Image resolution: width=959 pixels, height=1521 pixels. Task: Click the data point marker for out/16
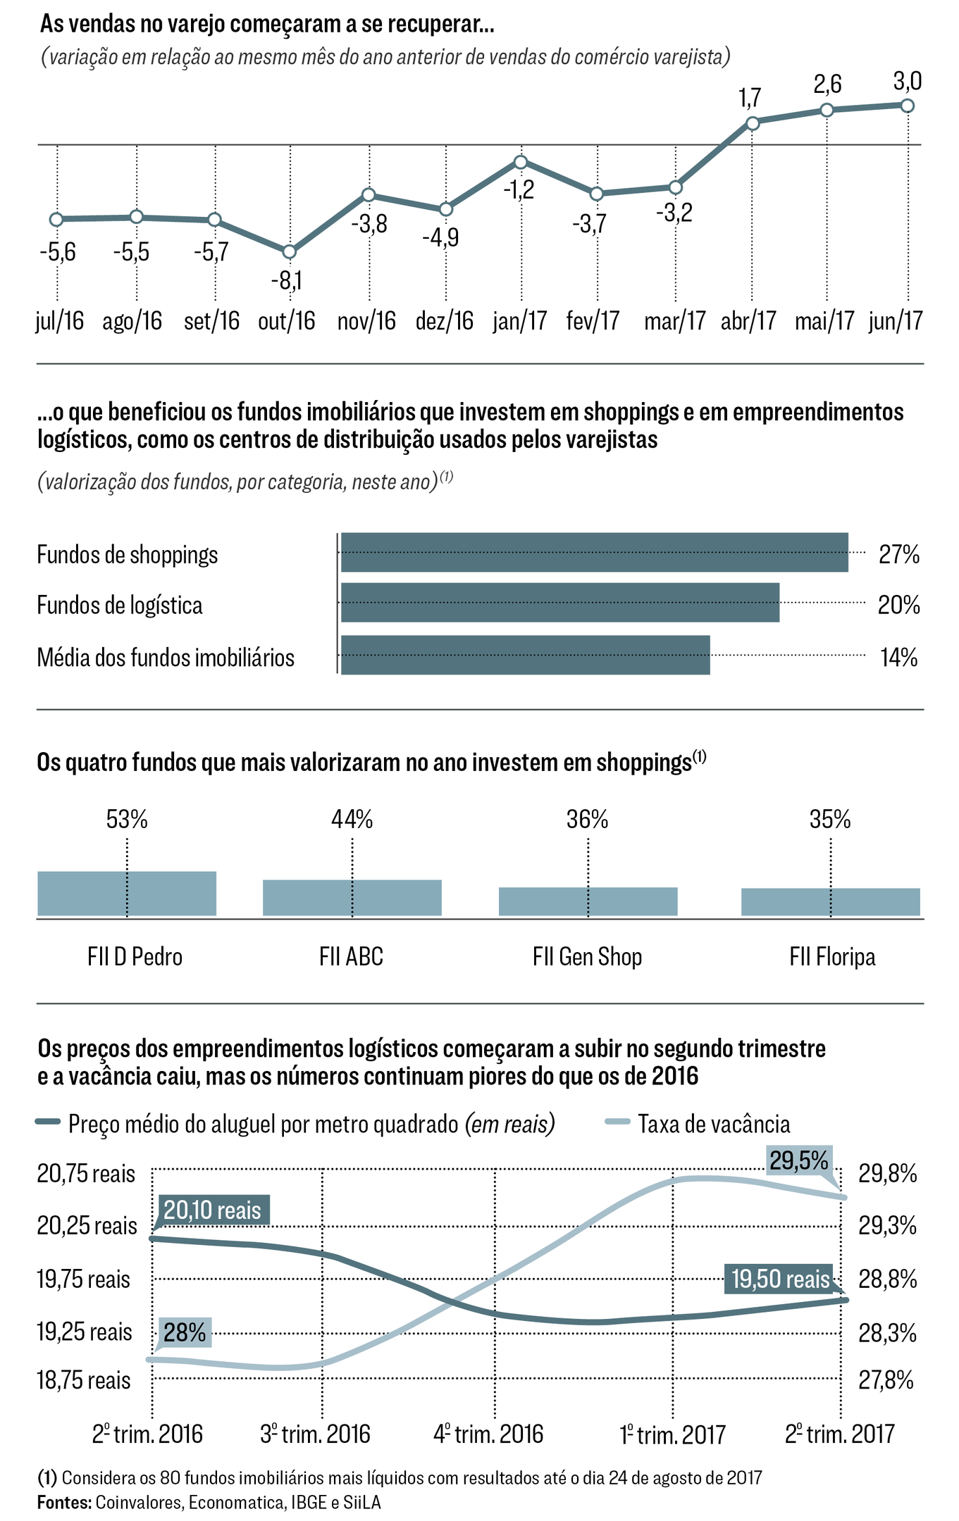tap(289, 252)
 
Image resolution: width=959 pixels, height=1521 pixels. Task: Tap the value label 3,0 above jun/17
tap(908, 82)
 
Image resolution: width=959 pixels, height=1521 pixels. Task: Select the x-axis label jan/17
tap(520, 321)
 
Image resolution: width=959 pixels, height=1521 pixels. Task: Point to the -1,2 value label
tap(519, 189)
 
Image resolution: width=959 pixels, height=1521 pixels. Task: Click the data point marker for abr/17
tap(753, 123)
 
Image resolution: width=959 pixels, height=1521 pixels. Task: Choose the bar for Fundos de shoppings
tap(594, 553)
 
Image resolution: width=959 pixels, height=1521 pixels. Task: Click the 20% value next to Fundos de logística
tap(898, 605)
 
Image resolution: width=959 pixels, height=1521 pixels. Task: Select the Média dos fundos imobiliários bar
tap(525, 656)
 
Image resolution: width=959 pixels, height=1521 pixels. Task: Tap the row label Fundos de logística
tap(120, 606)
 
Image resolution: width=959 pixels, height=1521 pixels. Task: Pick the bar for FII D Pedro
tap(127, 894)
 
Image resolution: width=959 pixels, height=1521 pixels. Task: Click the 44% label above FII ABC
tap(352, 820)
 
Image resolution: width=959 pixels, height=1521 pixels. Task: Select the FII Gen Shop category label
tap(588, 957)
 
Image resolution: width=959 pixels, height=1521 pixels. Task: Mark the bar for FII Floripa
tap(830, 902)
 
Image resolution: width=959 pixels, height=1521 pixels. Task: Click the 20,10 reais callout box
tap(213, 1210)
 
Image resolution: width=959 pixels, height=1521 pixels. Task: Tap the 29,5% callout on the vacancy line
tap(798, 1160)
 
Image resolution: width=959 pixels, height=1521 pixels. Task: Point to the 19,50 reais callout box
tap(780, 1279)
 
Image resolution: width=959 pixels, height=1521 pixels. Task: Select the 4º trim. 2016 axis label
tap(488, 1434)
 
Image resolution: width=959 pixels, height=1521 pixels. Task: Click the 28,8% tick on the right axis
tap(887, 1279)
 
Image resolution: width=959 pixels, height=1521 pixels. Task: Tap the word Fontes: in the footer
tap(64, 1503)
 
